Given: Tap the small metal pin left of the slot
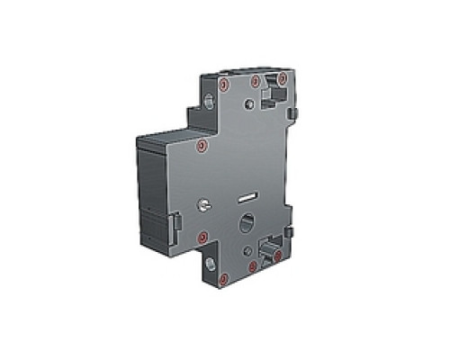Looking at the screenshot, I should point(205,206).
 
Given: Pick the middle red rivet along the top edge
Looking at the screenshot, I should point(256,82).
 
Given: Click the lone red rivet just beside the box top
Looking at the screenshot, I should point(202,143).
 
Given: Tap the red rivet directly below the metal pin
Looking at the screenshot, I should point(203,237).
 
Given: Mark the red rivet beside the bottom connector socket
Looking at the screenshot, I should point(278,256).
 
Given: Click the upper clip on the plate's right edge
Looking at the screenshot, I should point(294,112).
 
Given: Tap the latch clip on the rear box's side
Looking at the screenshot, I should point(176,220).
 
